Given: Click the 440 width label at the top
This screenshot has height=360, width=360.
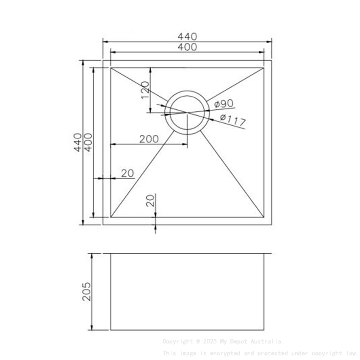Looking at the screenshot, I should [187, 36].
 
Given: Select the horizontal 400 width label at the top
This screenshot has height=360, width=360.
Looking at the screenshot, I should [187, 47].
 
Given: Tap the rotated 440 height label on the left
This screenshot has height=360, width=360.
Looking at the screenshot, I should [78, 142].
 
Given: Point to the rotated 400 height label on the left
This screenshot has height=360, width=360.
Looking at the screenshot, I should [88, 142].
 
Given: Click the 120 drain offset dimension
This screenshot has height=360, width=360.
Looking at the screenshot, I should [145, 90].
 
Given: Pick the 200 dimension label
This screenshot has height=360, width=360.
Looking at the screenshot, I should [149, 139].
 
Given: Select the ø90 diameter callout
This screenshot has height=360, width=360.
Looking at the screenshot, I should [224, 104].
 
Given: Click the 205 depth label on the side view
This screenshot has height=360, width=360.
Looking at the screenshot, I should [86, 291].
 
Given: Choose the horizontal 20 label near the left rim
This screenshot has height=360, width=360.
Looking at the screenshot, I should [127, 173].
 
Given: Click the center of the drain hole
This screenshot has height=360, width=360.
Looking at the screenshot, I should [187, 113].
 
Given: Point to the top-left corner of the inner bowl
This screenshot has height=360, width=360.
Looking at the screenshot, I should [111, 68].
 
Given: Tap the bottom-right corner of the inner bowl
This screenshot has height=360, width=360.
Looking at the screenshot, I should [264, 218].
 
